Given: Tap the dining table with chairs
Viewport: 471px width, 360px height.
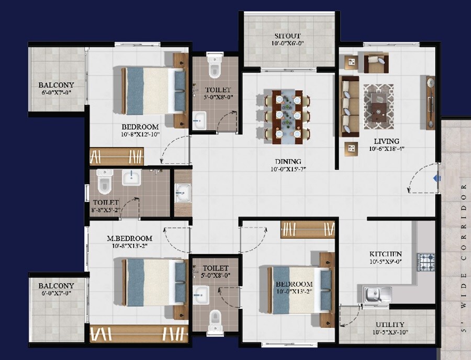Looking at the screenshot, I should [x=287, y=116].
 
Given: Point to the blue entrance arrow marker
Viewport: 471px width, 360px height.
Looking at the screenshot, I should [x=434, y=179].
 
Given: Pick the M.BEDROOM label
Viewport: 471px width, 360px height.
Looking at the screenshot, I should [x=129, y=238].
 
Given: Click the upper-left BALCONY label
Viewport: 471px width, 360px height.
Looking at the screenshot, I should [x=56, y=85].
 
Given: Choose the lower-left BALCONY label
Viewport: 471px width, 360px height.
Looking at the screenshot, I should [x=56, y=286].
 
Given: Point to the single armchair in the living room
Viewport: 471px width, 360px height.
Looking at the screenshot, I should [x=376, y=63].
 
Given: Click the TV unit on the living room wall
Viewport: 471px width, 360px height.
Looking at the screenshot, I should [x=431, y=103].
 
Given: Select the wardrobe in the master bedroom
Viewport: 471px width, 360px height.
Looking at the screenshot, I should [x=139, y=333].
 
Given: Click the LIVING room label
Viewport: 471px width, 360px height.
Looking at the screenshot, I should [x=387, y=141].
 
